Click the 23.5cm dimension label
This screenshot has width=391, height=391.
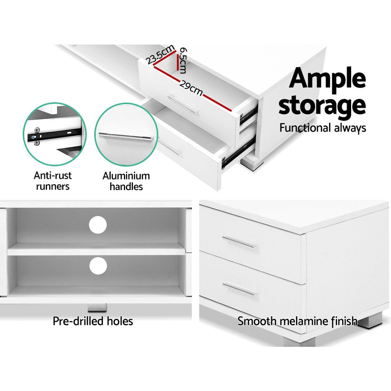point(161,55)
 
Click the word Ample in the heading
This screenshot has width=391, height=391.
point(328,79)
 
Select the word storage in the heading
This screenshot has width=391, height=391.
point(322,106)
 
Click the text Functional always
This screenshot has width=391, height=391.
point(323,128)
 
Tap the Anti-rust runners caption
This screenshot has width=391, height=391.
point(53,181)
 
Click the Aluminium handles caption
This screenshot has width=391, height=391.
point(126,181)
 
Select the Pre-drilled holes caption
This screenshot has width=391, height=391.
point(93,321)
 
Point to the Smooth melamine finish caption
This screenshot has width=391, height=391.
point(297,321)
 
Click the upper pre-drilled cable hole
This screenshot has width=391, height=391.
point(98,225)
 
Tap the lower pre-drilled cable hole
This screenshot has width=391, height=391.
point(98,266)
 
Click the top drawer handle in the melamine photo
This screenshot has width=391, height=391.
point(240,242)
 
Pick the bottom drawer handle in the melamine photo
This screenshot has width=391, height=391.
point(240,289)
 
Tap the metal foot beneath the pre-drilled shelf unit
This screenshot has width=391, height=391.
point(96,308)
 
